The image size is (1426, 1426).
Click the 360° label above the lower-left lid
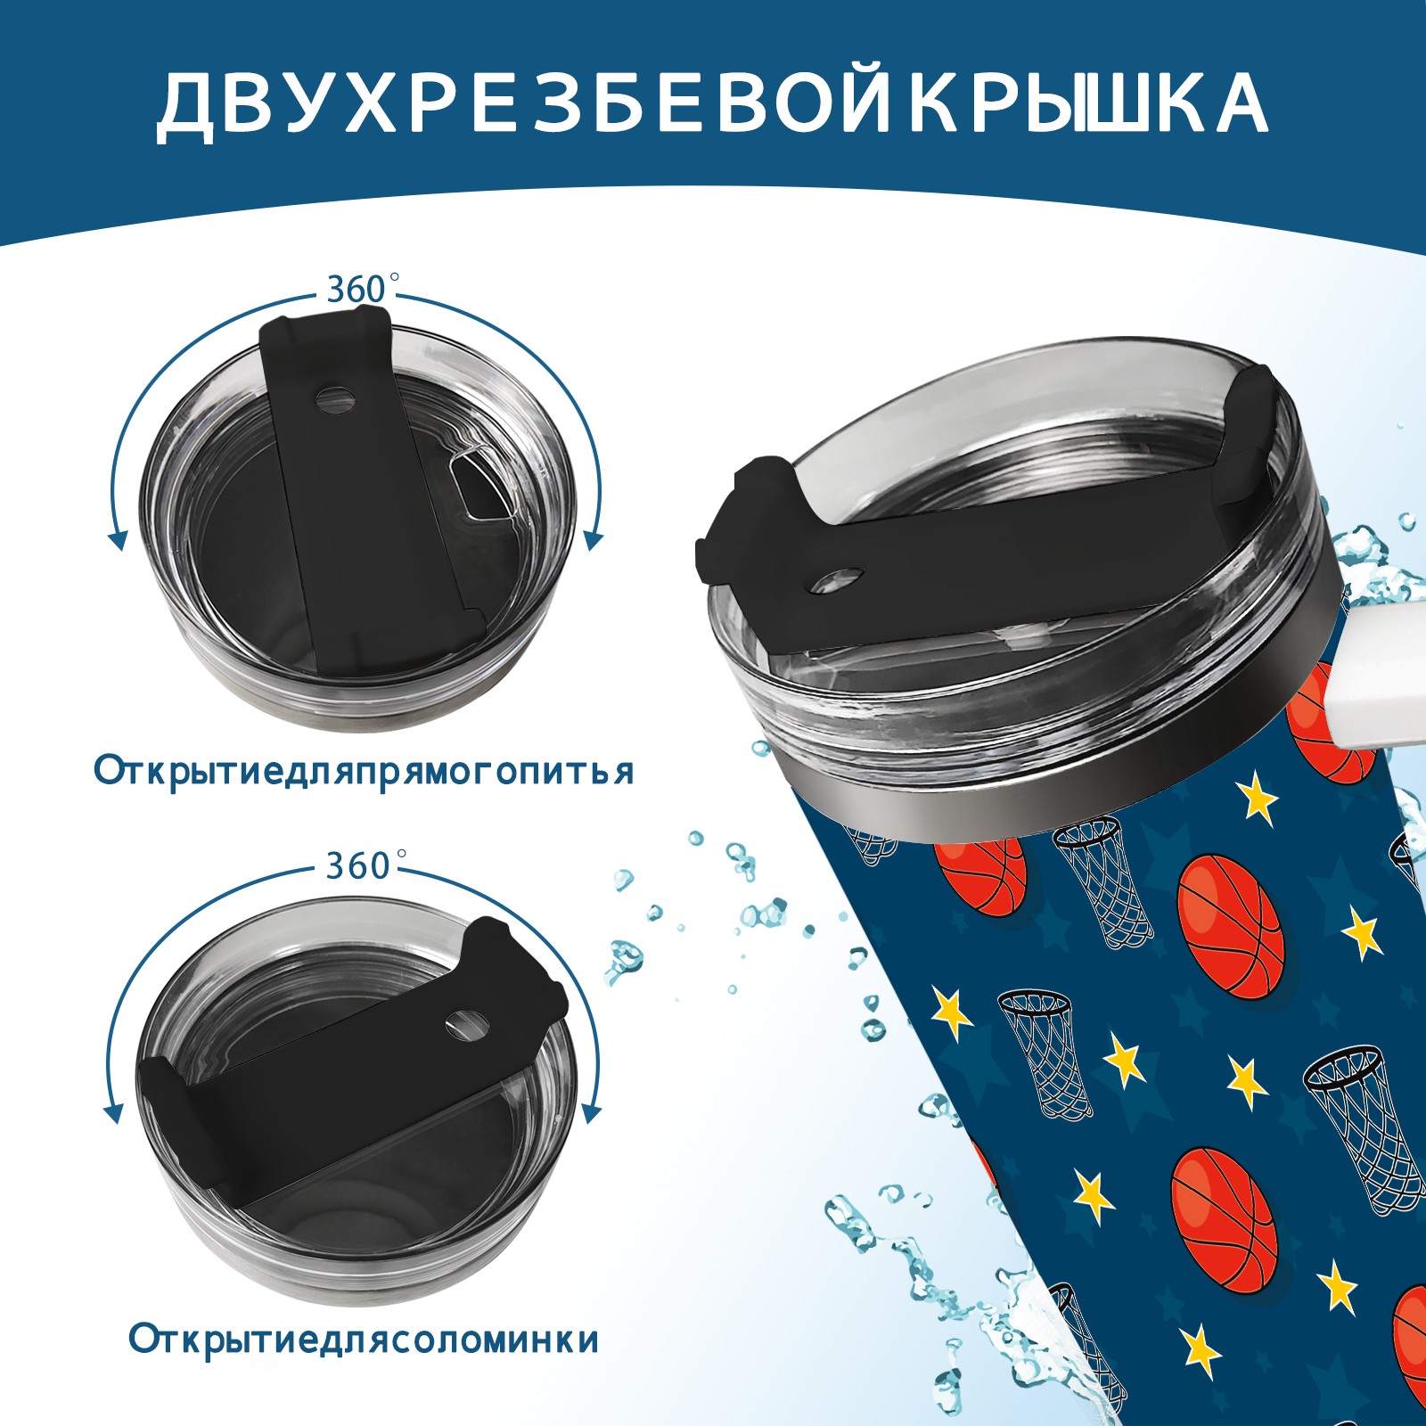[x=358, y=865]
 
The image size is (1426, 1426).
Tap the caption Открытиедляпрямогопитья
[x=364, y=771]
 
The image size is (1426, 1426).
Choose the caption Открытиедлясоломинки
[x=364, y=1340]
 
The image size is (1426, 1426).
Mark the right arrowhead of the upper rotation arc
[x=594, y=540]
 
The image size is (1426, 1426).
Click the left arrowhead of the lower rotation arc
[x=113, y=1114]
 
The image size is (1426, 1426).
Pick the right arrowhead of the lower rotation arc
[x=590, y=1114]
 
